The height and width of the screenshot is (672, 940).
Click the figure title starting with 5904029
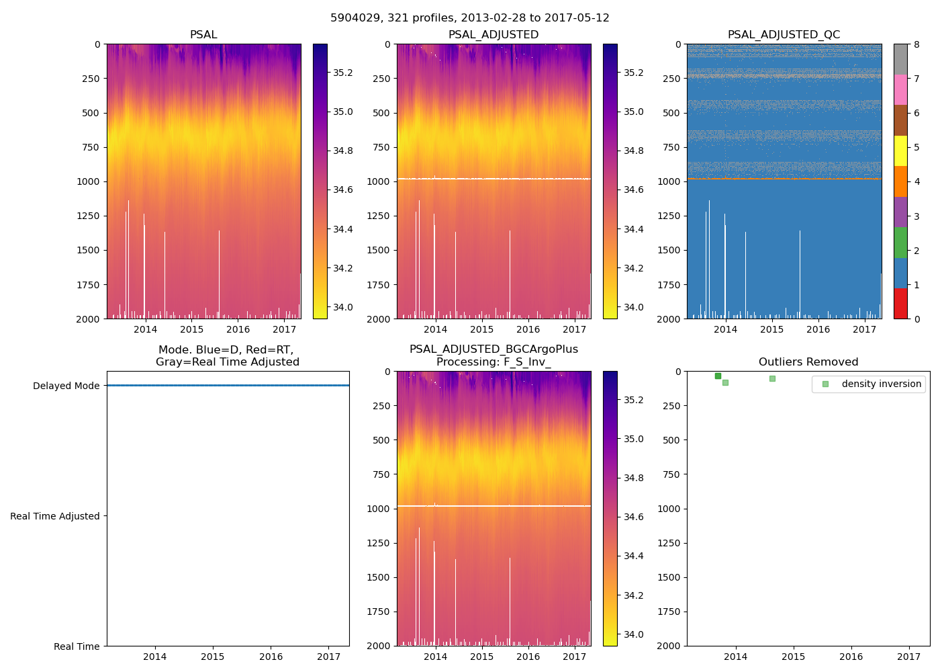(x=469, y=18)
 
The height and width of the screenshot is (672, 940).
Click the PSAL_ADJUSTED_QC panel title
(x=784, y=35)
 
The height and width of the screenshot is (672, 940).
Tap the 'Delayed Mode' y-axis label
(x=66, y=386)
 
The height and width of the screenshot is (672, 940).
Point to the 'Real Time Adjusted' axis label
(x=55, y=516)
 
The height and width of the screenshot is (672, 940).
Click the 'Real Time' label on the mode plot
(x=77, y=646)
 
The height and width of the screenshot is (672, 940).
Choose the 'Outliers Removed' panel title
(x=808, y=362)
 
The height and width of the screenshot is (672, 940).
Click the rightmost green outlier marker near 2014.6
(x=772, y=378)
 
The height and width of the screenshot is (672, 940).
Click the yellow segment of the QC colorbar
(x=900, y=151)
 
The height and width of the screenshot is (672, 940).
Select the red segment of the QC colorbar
(x=900, y=304)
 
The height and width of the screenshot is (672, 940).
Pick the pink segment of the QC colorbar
(x=900, y=90)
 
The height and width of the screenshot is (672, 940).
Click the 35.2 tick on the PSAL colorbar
(x=343, y=73)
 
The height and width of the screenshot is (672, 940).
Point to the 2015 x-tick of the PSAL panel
(x=191, y=329)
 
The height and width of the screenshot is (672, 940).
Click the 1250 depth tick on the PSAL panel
(x=89, y=216)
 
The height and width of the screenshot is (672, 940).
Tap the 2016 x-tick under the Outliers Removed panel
(x=851, y=657)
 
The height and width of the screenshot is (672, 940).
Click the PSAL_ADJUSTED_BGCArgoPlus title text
(x=493, y=349)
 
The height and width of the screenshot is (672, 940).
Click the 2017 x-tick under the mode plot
(x=329, y=657)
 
